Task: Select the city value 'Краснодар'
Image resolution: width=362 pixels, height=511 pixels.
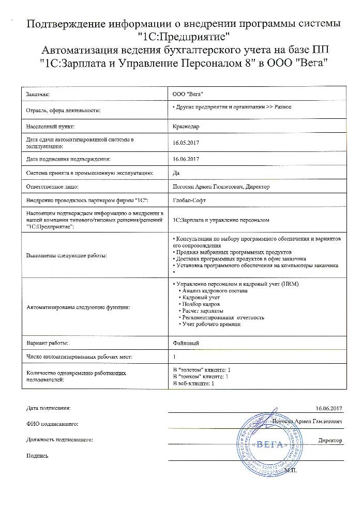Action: [185, 126]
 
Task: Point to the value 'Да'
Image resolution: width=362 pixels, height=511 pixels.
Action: [175, 173]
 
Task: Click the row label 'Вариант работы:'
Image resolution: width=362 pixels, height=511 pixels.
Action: [47, 343]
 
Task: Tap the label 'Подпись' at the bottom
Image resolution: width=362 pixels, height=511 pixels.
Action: [37, 456]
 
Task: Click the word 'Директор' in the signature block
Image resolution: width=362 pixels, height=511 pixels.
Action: [331, 440]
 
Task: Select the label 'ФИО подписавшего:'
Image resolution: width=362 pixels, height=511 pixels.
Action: [52, 424]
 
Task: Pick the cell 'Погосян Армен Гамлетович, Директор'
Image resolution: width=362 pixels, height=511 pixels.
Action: [220, 186]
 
